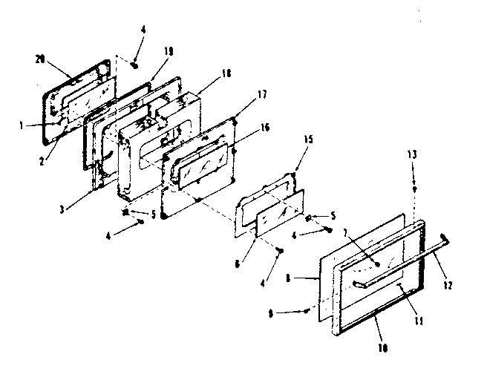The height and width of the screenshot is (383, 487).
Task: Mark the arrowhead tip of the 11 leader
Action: (399, 284)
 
